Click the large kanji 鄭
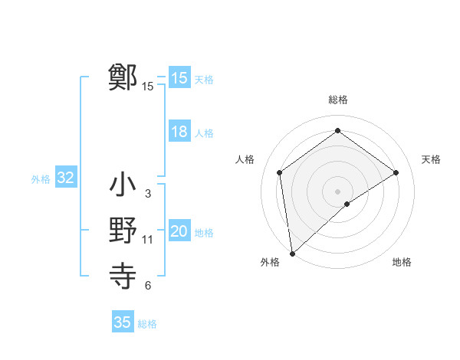[x=123, y=77]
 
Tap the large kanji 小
[x=123, y=186]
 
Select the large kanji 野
[x=123, y=231]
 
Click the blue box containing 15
[x=179, y=78]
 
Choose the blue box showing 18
[x=179, y=132]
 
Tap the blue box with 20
[x=179, y=232]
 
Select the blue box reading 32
[x=66, y=178]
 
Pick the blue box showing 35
[x=123, y=322]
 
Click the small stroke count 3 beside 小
[x=148, y=195]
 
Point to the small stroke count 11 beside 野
[x=148, y=240]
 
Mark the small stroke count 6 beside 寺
[x=148, y=286]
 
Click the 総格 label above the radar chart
[x=337, y=100]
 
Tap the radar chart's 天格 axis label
[x=432, y=159]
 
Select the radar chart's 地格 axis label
[x=402, y=262]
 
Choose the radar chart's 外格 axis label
[x=270, y=262]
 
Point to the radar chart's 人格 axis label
[x=245, y=159]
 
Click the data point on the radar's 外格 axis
[x=292, y=253]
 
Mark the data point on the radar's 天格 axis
[x=396, y=172]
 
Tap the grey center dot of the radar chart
[x=337, y=191]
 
